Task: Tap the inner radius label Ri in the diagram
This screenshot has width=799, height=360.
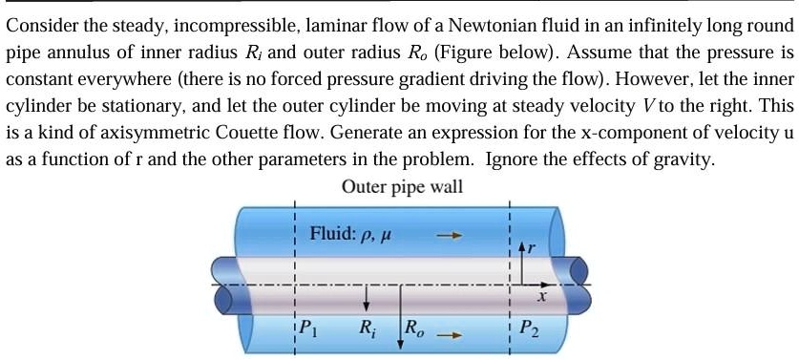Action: coord(367,329)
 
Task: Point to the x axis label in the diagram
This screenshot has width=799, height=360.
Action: coord(541,298)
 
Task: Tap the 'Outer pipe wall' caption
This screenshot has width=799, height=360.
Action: coord(402,186)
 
